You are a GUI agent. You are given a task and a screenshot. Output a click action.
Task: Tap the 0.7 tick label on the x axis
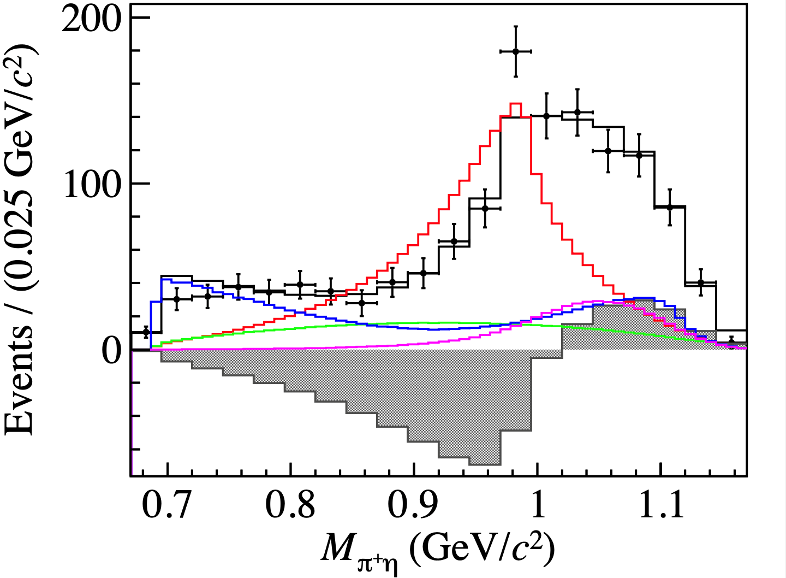(x=167, y=506)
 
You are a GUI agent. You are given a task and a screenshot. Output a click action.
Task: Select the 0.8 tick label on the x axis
(x=290, y=506)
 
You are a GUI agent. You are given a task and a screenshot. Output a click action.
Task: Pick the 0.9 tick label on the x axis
(x=413, y=506)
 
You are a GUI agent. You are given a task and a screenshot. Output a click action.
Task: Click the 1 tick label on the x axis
(x=538, y=506)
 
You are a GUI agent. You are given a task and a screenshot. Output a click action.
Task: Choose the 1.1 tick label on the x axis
(x=661, y=506)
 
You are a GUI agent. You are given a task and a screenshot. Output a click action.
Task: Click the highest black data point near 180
(x=515, y=51)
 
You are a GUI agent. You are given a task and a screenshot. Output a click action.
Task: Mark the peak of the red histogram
(x=515, y=104)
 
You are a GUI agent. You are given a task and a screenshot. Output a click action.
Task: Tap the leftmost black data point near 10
(x=146, y=332)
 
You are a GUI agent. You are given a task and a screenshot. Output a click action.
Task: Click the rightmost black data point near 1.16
(x=731, y=342)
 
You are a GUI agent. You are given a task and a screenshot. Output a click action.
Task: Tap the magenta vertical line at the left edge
(x=132, y=415)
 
